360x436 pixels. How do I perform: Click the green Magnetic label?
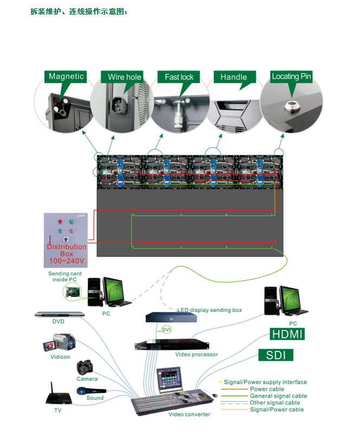[66, 76]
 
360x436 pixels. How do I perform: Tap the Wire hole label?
[124, 77]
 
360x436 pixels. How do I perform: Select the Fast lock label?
[179, 77]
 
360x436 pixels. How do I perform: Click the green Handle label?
[234, 77]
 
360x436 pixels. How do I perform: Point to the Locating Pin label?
[292, 76]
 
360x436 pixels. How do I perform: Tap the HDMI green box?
[287, 334]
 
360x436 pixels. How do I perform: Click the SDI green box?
[276, 355]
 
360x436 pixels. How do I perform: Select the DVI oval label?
[166, 329]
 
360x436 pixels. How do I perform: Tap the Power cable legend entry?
[267, 389]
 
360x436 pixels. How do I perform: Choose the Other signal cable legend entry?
[274, 403]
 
